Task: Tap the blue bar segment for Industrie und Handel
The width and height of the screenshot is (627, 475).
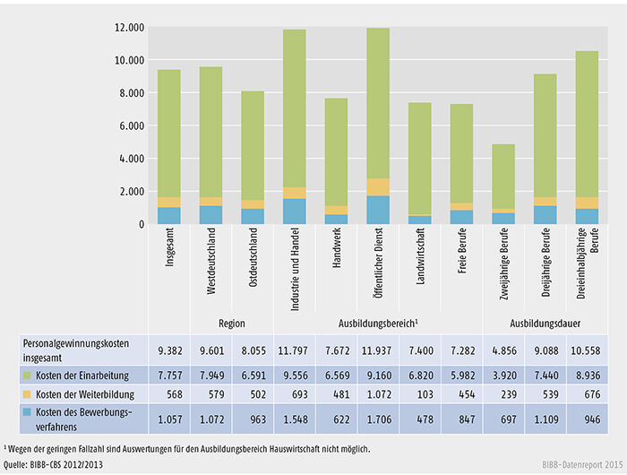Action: [295, 212]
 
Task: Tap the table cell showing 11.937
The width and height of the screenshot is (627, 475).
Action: [377, 350]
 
